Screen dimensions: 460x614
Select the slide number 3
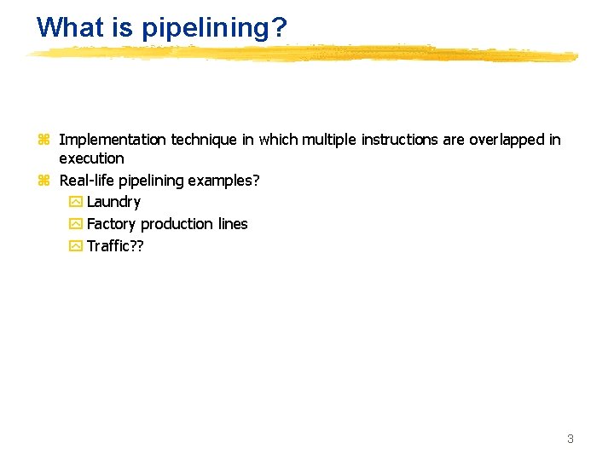(571, 439)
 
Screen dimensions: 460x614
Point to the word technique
(205, 140)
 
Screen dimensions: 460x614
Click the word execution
(91, 158)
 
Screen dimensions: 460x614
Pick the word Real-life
(86, 181)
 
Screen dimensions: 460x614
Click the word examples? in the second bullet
(224, 181)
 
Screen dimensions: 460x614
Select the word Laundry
(113, 202)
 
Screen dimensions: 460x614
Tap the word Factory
(112, 224)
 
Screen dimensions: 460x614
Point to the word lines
(232, 224)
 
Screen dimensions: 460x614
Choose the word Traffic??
(115, 246)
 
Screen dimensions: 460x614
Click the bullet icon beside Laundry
(75, 203)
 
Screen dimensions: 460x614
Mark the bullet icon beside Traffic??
(75, 247)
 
